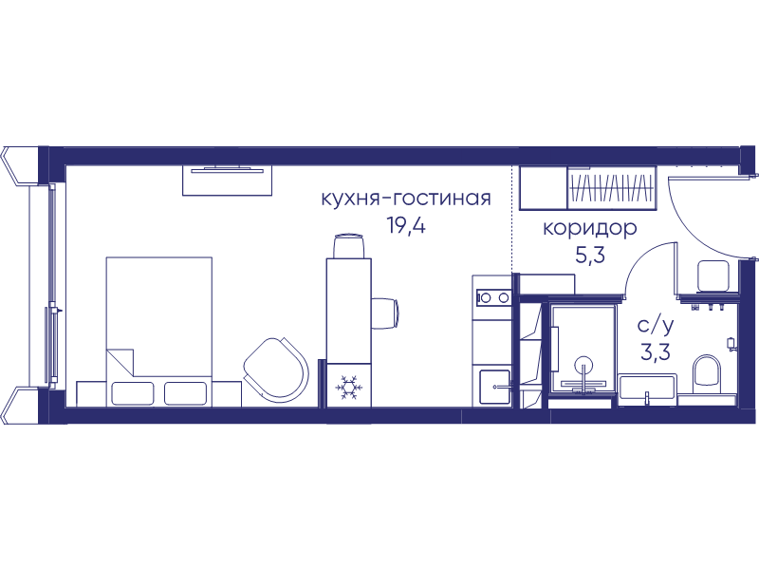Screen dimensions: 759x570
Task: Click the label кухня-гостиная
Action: pyautogui.click(x=406, y=199)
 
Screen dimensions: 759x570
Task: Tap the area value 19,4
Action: pyautogui.click(x=406, y=225)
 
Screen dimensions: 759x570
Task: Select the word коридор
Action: pyautogui.click(x=589, y=229)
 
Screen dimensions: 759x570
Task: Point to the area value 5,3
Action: pyautogui.click(x=590, y=255)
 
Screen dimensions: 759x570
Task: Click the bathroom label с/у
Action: pyautogui.click(x=656, y=326)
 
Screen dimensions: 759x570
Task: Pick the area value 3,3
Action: pyautogui.click(x=656, y=351)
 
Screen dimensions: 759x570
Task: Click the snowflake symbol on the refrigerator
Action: pyautogui.click(x=347, y=387)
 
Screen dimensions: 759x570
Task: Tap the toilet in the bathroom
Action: pyautogui.click(x=707, y=374)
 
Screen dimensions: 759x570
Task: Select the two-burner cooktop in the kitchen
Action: pyautogui.click(x=492, y=297)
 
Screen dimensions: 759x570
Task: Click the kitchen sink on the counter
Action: pyautogui.click(x=494, y=387)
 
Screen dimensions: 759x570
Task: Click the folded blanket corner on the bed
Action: pyautogui.click(x=120, y=362)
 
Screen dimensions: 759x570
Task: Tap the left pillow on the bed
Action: pyautogui.click(x=133, y=393)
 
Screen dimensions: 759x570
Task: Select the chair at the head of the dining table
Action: pyautogui.click(x=348, y=246)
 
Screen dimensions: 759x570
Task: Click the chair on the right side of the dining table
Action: pyautogui.click(x=385, y=313)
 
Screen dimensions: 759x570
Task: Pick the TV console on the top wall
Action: pyautogui.click(x=227, y=180)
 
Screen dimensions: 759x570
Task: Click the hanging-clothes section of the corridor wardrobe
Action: pyautogui.click(x=611, y=188)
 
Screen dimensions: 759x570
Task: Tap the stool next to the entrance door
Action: pyautogui.click(x=713, y=275)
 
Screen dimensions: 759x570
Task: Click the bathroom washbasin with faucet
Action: pyautogui.click(x=647, y=389)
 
